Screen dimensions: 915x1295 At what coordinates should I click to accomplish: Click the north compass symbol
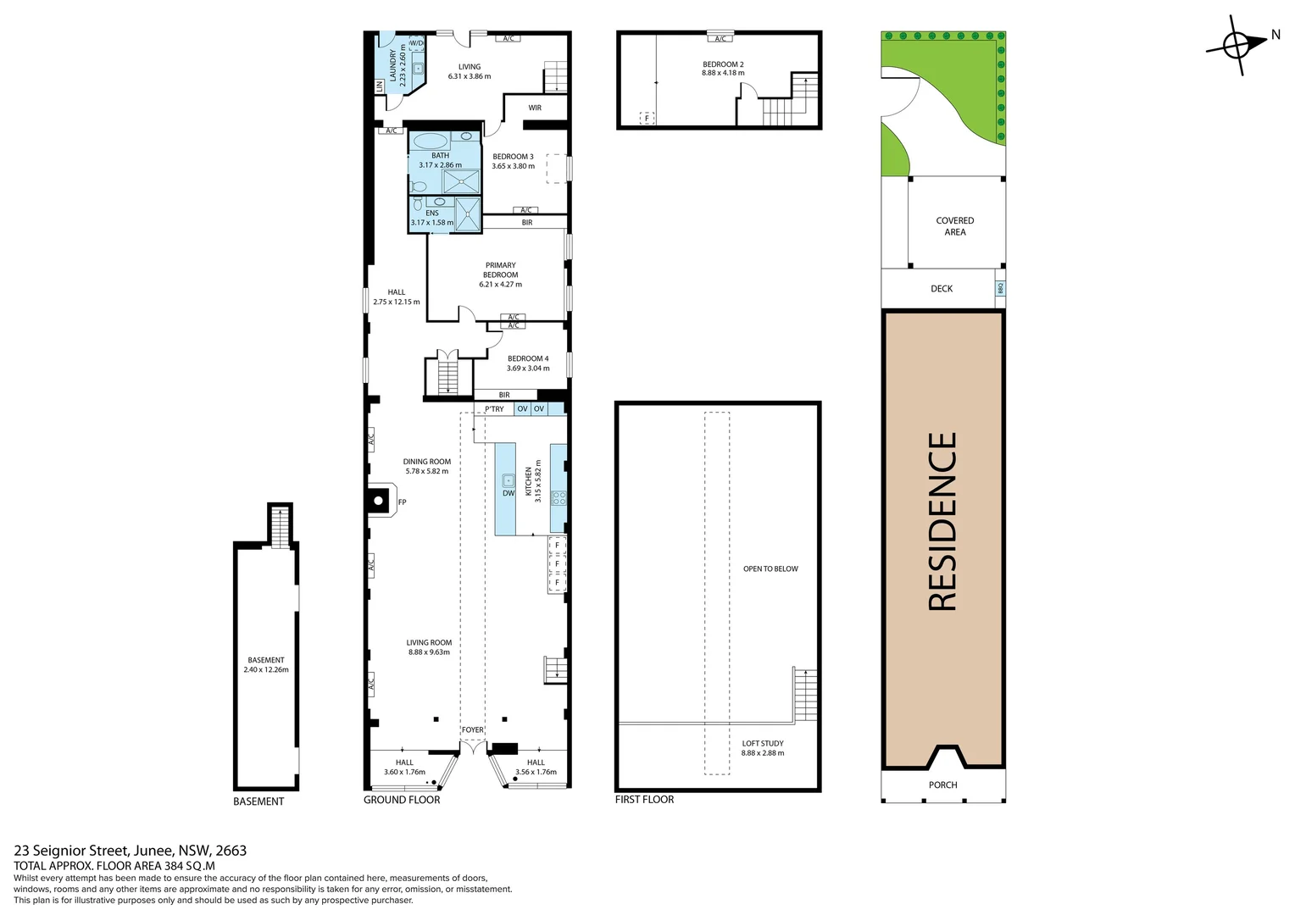point(1236,45)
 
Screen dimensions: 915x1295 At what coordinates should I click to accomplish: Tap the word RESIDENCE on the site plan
point(942,521)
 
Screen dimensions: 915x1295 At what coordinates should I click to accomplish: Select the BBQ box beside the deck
point(1000,288)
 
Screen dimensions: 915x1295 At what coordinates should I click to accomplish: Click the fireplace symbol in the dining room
point(379,501)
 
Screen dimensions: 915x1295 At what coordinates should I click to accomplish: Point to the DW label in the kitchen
point(509,493)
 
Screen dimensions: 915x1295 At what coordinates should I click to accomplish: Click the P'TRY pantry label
point(494,409)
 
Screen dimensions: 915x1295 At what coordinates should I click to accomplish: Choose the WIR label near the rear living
point(535,108)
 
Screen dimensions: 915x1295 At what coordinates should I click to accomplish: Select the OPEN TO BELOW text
point(770,568)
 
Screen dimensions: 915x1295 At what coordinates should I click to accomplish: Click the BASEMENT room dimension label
point(266,665)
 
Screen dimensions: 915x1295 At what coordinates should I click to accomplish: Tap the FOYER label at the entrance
point(473,729)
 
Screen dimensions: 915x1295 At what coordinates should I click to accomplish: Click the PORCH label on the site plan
point(942,785)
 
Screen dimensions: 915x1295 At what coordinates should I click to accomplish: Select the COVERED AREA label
point(955,226)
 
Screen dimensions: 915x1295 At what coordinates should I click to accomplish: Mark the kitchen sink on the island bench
point(509,480)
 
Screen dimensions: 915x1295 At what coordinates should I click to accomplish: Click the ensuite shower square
point(467,214)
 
